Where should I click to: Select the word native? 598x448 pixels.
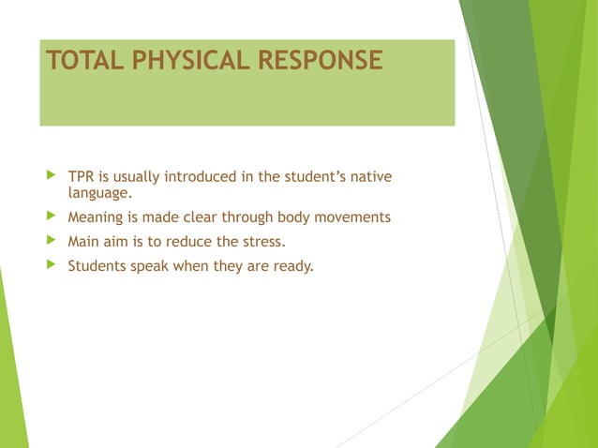click(x=370, y=177)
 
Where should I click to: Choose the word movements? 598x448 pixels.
click(x=352, y=218)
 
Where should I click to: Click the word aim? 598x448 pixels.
click(x=118, y=242)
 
